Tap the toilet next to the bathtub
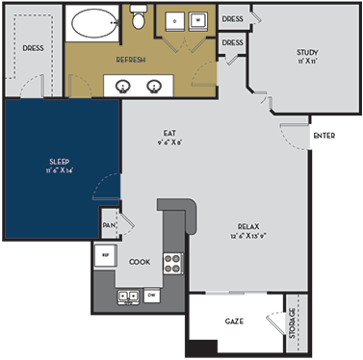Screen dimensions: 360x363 coord(138,19)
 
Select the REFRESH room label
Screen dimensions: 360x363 coord(131,61)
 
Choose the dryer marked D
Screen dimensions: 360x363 coord(174,20)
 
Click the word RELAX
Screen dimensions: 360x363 coord(250,227)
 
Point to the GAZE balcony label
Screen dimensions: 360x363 coord(232,319)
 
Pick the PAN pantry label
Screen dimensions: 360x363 coord(109,227)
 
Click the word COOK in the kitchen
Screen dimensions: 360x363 coord(140,261)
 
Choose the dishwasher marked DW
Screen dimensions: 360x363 coord(150,296)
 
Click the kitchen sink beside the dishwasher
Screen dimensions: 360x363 coord(126,296)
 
